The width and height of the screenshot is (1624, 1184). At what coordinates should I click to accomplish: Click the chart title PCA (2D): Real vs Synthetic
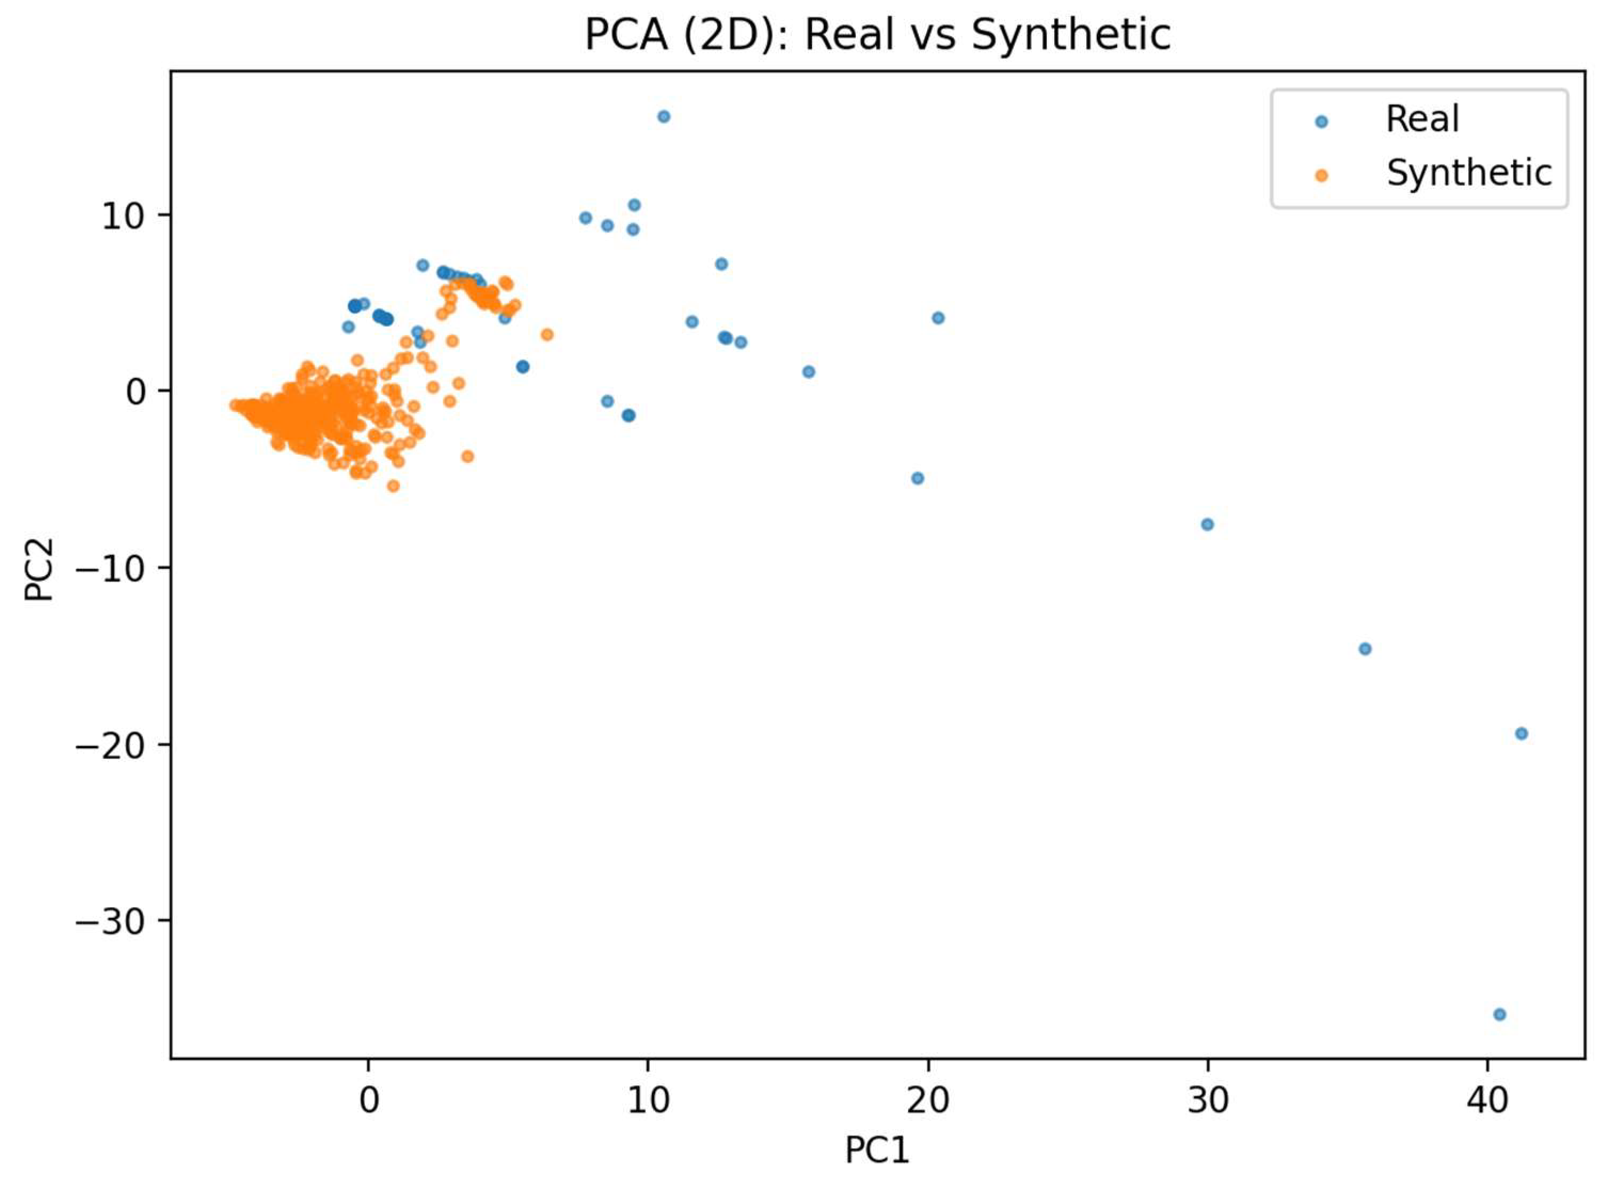[877, 34]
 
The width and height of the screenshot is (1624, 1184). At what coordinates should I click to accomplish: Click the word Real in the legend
[1421, 119]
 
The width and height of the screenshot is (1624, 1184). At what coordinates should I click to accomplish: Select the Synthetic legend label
[1468, 173]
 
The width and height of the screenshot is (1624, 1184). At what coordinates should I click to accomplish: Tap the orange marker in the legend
[1322, 176]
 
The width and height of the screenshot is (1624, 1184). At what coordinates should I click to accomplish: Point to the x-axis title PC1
[877, 1150]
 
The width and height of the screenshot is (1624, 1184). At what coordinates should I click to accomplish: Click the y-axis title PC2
[39, 569]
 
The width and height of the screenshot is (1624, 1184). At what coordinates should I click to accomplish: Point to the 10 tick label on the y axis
[123, 216]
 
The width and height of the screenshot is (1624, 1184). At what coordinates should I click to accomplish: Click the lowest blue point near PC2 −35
[1499, 1014]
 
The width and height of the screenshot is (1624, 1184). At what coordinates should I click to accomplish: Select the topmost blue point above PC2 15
[664, 116]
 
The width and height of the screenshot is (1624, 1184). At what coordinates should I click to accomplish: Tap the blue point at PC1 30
[1207, 525]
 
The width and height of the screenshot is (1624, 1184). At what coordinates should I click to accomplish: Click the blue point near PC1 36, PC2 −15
[1365, 649]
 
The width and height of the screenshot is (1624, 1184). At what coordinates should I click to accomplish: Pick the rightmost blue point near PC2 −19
[1522, 733]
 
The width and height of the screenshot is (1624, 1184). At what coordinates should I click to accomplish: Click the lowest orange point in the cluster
[393, 486]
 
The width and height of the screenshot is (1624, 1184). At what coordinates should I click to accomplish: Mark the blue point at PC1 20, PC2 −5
[917, 478]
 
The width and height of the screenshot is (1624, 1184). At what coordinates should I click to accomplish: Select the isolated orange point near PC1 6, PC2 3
[547, 335]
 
